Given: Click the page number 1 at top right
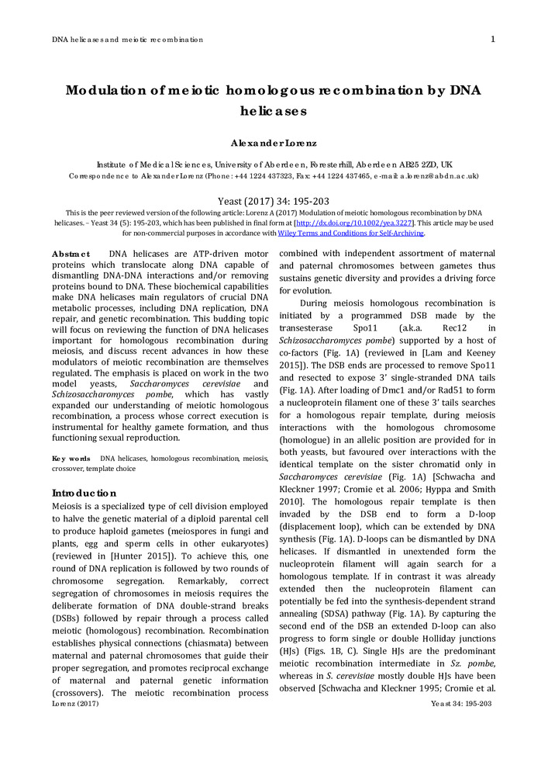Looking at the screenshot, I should (x=494, y=40).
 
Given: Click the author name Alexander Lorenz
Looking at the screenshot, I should (x=274, y=144).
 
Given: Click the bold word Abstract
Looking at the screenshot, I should (x=71, y=255).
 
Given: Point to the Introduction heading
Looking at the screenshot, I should (x=84, y=493).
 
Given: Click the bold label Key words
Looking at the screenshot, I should (x=71, y=459).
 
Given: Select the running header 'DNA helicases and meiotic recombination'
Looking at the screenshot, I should (x=127, y=40).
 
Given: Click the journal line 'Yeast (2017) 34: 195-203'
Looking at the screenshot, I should (x=274, y=200).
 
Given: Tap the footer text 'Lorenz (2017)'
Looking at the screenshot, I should (x=75, y=703).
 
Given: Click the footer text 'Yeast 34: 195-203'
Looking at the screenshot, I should (x=461, y=703).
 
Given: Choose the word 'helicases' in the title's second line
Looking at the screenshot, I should (x=274, y=111).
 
